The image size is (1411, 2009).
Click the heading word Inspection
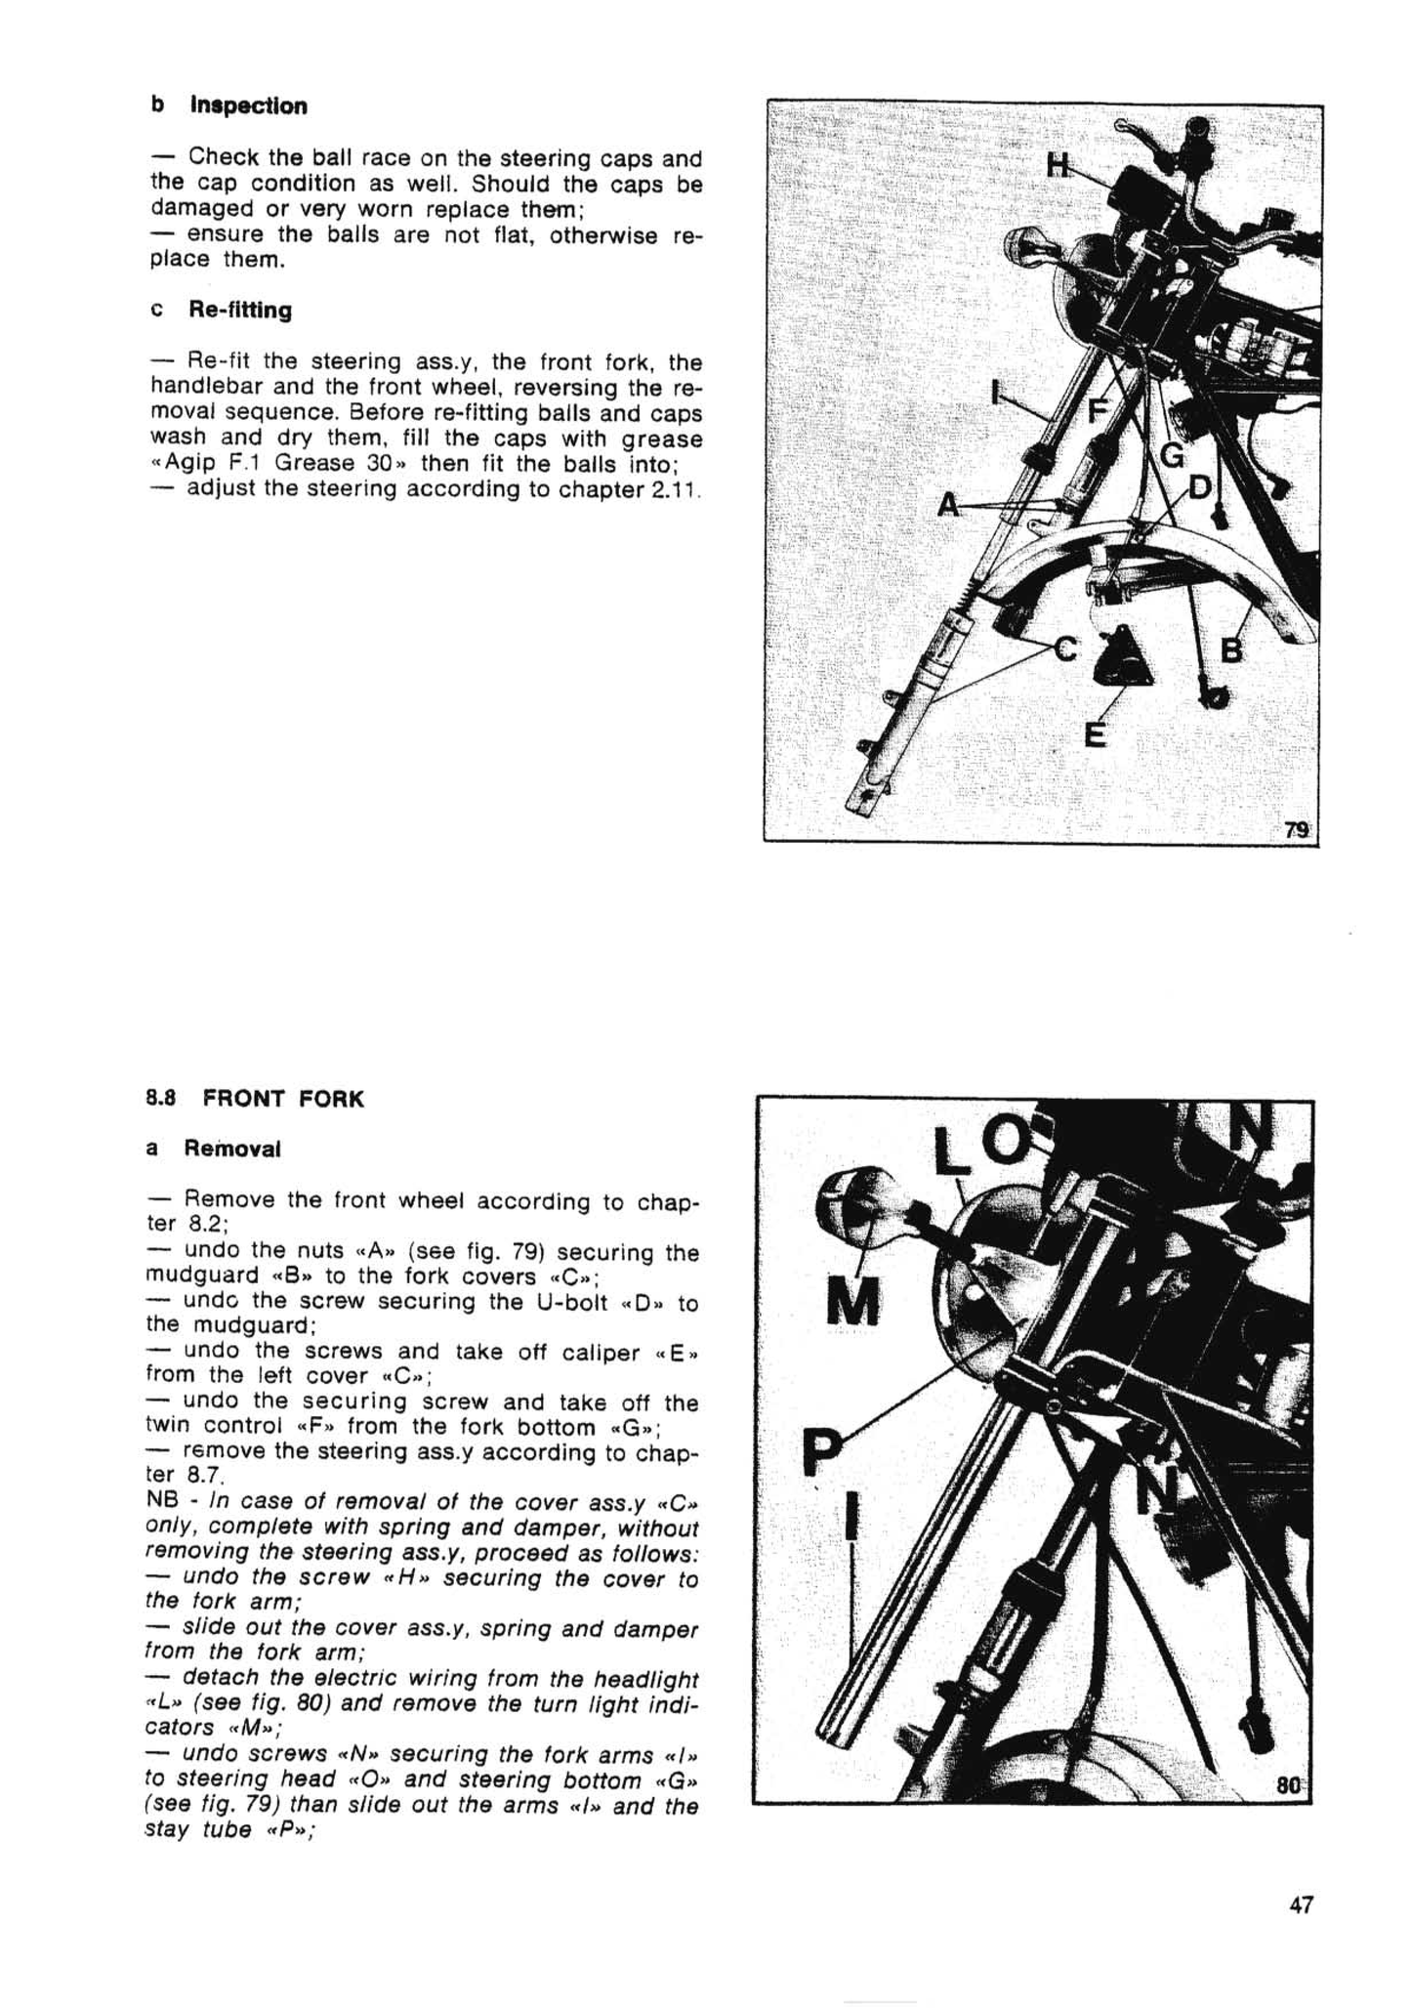pos(248,105)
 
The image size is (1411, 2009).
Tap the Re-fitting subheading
pos(239,311)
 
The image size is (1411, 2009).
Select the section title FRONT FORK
pos(283,1099)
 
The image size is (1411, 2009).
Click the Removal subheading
pos(232,1149)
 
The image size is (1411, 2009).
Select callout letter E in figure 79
pos(1096,732)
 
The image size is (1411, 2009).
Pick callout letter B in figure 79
pos(1232,649)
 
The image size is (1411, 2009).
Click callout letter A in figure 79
pos(948,505)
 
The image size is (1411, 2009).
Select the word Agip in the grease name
pos(193,464)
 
